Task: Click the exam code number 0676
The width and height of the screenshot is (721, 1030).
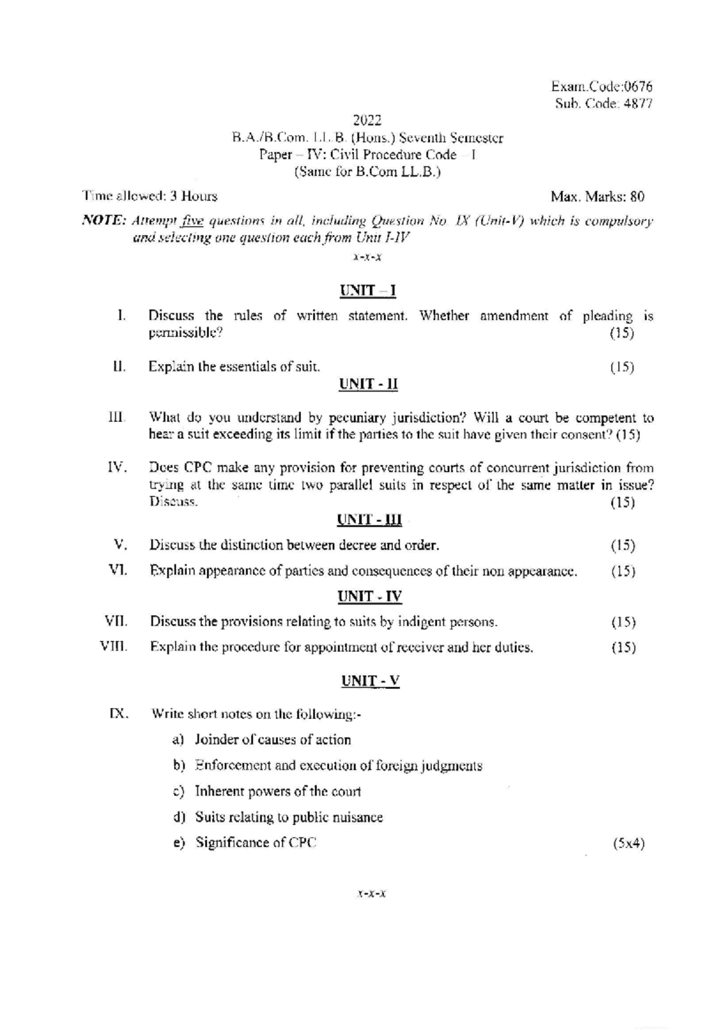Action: pyautogui.click(x=638, y=86)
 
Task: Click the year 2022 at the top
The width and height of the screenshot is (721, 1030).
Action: pyautogui.click(x=367, y=120)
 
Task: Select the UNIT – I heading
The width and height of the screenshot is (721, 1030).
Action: pyautogui.click(x=368, y=291)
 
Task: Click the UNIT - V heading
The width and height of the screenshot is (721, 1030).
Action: pyautogui.click(x=370, y=680)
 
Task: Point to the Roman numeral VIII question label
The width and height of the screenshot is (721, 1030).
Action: pyautogui.click(x=114, y=647)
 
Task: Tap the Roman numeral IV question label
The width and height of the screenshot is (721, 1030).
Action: pyautogui.click(x=117, y=467)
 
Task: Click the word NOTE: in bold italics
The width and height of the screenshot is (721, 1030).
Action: pyautogui.click(x=103, y=221)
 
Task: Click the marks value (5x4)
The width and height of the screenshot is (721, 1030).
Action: pyautogui.click(x=628, y=843)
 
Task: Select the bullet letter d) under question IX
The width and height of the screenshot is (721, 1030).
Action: pyautogui.click(x=178, y=817)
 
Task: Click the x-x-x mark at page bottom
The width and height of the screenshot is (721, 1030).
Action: pyautogui.click(x=371, y=894)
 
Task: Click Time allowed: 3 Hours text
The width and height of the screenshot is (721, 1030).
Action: pyautogui.click(x=150, y=196)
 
